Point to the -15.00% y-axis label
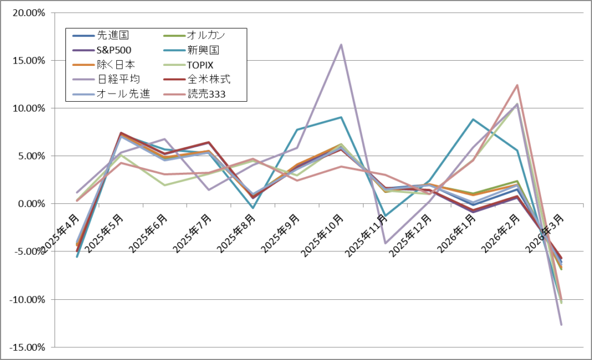(27, 347)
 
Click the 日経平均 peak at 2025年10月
(341, 44)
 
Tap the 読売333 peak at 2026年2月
(517, 85)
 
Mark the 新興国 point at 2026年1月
(473, 120)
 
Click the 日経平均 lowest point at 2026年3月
(561, 325)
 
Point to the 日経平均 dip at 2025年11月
(385, 243)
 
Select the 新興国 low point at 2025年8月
(253, 208)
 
